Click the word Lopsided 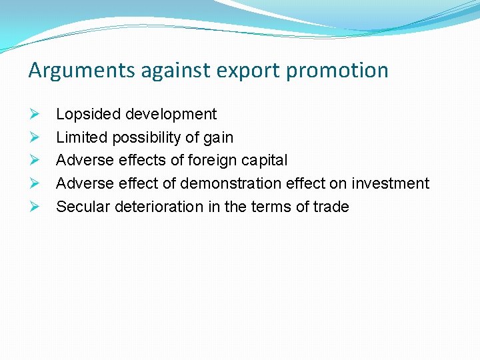coord(83,114)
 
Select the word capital coord(265,161)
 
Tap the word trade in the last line coord(331,207)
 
